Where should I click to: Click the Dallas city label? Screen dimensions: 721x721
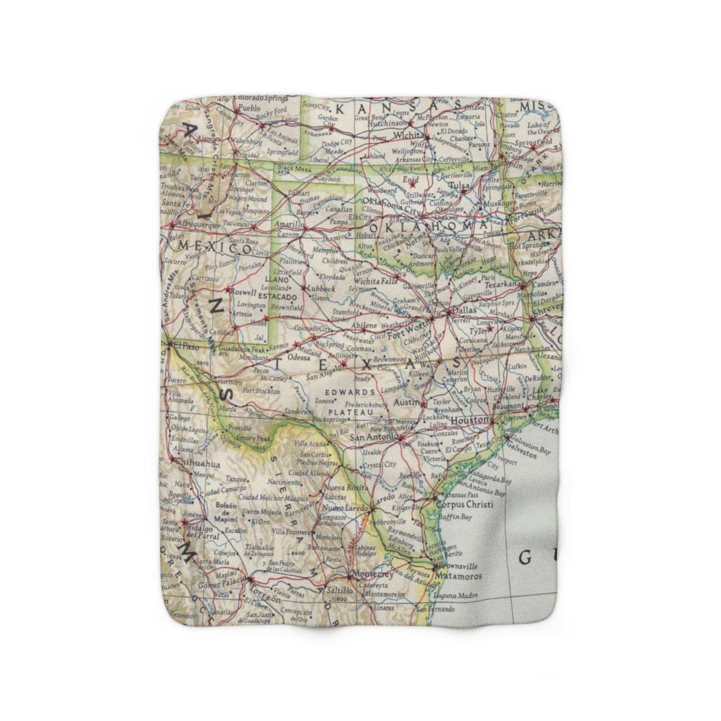pyautogui.click(x=464, y=310)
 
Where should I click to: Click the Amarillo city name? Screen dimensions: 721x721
pyautogui.click(x=288, y=225)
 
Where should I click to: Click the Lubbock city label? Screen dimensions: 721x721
pyautogui.click(x=321, y=288)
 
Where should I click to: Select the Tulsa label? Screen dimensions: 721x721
pyautogui.click(x=458, y=185)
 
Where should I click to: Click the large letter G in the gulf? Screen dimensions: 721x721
pyautogui.click(x=525, y=558)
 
